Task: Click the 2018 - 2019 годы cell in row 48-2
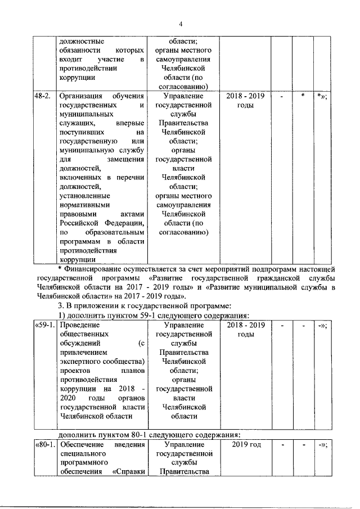click(245, 101)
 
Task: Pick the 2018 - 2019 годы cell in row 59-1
click(245, 330)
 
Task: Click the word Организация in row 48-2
click(82, 96)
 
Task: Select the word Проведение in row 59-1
click(79, 325)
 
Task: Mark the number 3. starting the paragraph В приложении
click(62, 306)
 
